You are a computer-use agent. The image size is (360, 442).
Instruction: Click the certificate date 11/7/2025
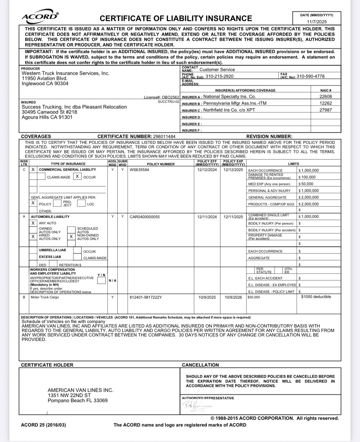tap(317, 22)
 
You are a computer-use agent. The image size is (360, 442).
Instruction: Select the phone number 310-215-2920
tap(219, 76)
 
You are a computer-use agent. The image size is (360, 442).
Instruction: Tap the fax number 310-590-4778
tap(310, 76)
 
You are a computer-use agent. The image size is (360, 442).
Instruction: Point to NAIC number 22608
tap(325, 96)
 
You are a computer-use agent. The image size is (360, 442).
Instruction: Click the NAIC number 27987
tap(325, 110)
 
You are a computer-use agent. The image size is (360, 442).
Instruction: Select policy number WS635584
tap(139, 170)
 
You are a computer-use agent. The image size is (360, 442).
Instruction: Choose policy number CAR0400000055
tap(144, 217)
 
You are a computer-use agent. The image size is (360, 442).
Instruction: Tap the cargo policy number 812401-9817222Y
tap(146, 297)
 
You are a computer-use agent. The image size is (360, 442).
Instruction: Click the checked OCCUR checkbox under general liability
tap(77, 177)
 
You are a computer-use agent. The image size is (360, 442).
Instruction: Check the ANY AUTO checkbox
tap(33, 223)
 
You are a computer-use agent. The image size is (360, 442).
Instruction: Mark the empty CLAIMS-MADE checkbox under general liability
tap(41, 177)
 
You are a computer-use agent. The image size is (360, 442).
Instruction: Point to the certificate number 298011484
tap(164, 137)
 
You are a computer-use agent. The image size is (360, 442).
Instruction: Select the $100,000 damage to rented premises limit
tap(307, 177)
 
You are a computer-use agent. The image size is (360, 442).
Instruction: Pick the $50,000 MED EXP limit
tap(306, 184)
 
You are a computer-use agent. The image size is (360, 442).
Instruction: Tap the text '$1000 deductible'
tap(316, 297)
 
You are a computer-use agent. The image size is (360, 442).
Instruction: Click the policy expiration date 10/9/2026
tap(233, 297)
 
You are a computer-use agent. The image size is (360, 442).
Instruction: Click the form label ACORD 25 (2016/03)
tap(43, 425)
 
